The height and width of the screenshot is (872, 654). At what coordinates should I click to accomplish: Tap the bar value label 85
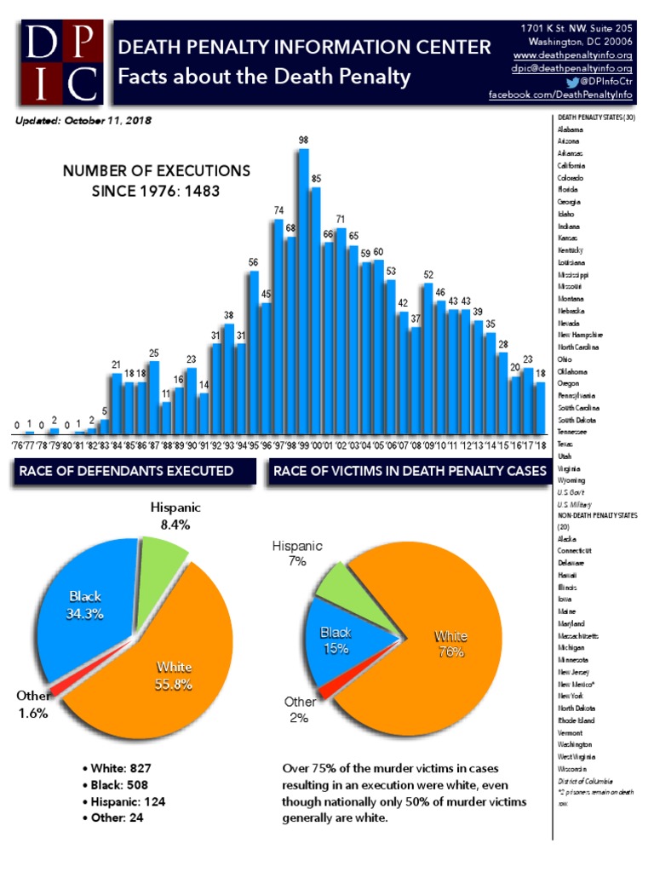[316, 179]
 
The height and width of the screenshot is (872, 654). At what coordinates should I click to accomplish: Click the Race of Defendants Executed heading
[134, 470]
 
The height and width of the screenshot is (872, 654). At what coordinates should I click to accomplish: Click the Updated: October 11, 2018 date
[83, 121]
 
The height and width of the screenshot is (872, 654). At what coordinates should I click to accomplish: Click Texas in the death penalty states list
[566, 444]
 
